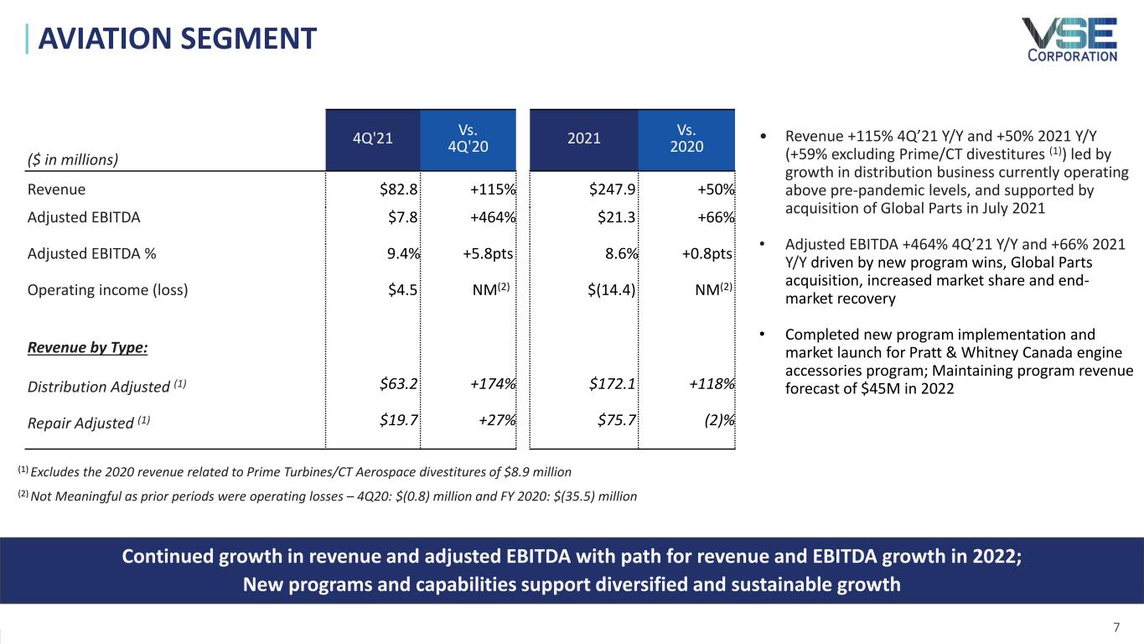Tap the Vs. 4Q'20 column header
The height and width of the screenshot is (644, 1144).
pos(468,140)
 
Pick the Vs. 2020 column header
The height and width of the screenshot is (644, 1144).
pos(686,140)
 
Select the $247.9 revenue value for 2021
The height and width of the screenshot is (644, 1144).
pos(613,190)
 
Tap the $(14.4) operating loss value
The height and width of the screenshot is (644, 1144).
pos(611,291)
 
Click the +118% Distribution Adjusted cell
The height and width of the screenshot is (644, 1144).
pos(712,385)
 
